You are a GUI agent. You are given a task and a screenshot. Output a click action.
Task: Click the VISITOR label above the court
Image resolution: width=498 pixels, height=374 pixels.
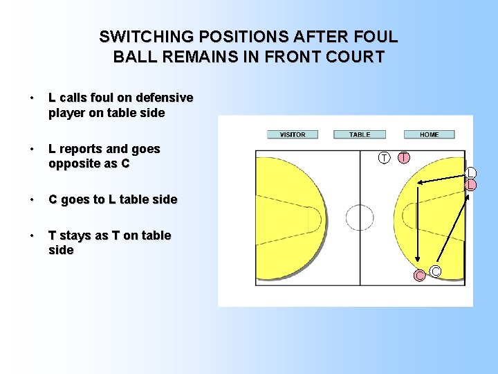click(x=293, y=134)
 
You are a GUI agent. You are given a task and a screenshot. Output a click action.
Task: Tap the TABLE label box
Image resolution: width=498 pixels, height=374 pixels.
click(x=360, y=134)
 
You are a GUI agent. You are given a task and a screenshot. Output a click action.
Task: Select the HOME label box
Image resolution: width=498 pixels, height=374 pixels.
click(x=429, y=134)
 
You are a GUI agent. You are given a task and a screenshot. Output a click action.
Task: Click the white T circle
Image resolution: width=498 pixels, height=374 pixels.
click(x=385, y=158)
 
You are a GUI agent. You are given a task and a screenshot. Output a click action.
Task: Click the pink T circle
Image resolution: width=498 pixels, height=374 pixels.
click(x=403, y=158)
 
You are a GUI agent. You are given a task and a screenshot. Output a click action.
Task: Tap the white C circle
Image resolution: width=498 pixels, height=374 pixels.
click(x=436, y=271)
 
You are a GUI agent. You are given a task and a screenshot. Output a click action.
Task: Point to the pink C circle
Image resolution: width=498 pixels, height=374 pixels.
click(x=419, y=276)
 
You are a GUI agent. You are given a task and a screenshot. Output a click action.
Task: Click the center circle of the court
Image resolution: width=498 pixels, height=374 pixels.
click(x=360, y=217)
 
